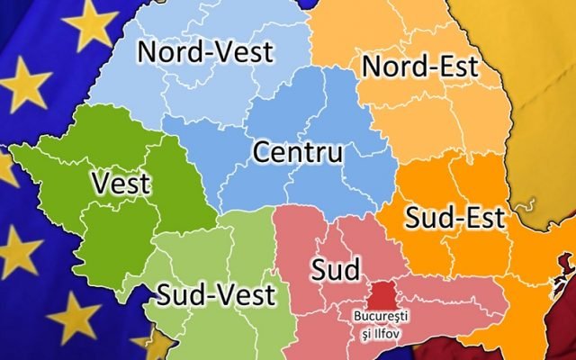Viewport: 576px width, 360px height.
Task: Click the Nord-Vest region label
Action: click(x=204, y=51)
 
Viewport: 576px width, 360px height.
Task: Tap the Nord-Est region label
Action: click(x=418, y=66)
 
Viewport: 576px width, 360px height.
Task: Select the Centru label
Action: click(x=298, y=152)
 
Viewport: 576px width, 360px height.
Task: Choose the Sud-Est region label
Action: click(x=454, y=216)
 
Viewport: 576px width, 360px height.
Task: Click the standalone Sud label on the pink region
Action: click(x=335, y=268)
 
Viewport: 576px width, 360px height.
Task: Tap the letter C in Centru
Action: click(x=262, y=152)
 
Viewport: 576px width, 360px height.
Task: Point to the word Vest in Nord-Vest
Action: click(x=240, y=51)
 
